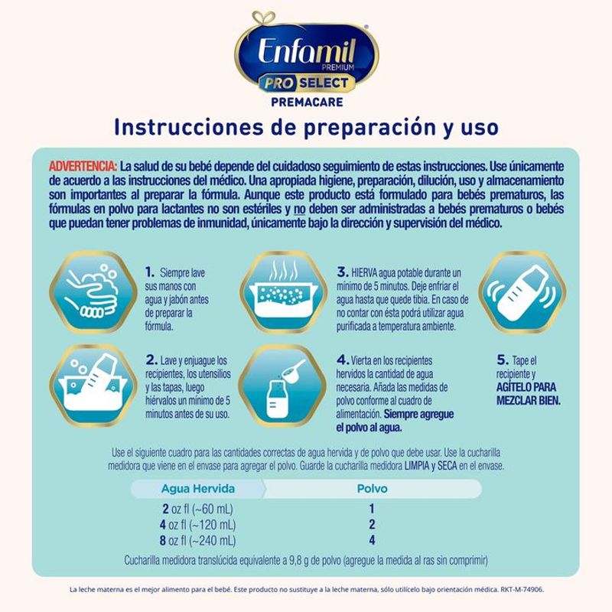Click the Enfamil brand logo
click(307, 54)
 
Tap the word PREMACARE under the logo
click(308, 103)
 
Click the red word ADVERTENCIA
click(83, 167)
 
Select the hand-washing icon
click(93, 291)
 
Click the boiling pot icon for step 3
click(283, 291)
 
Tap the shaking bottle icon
click(522, 291)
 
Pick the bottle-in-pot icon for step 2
click(93, 386)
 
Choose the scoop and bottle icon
click(282, 386)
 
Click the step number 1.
click(149, 272)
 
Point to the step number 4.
click(342, 360)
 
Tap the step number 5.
click(503, 360)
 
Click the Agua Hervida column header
click(198, 489)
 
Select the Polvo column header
click(373, 489)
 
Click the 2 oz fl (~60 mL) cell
click(197, 509)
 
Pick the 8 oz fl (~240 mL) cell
click(197, 541)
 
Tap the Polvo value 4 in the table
click(372, 540)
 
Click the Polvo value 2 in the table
click(372, 524)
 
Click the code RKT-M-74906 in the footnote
click(522, 589)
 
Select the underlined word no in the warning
click(299, 209)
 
